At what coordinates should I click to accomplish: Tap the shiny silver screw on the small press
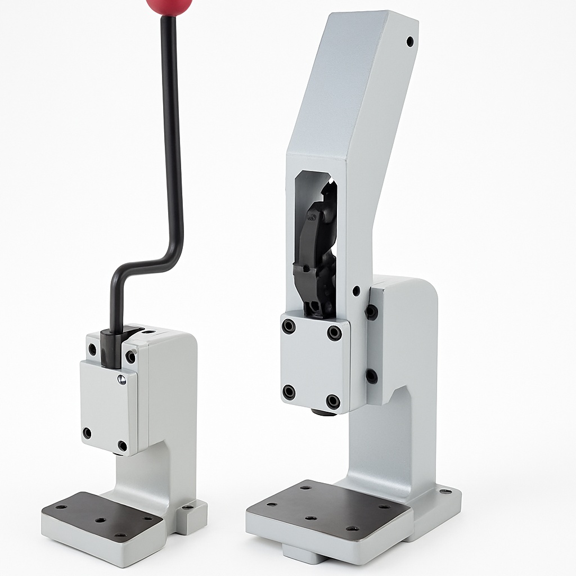point(121,380)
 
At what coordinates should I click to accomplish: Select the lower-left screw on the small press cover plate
point(87,433)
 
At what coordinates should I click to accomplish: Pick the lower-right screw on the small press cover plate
point(122,446)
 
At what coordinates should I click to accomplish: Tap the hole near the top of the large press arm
point(409,41)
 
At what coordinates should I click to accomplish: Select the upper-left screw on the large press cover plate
point(289,326)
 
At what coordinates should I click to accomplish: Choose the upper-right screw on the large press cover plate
point(334,333)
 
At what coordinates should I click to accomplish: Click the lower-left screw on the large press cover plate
point(289,392)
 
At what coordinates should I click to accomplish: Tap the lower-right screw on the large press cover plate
point(333,402)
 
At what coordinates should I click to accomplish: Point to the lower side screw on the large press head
point(371,376)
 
